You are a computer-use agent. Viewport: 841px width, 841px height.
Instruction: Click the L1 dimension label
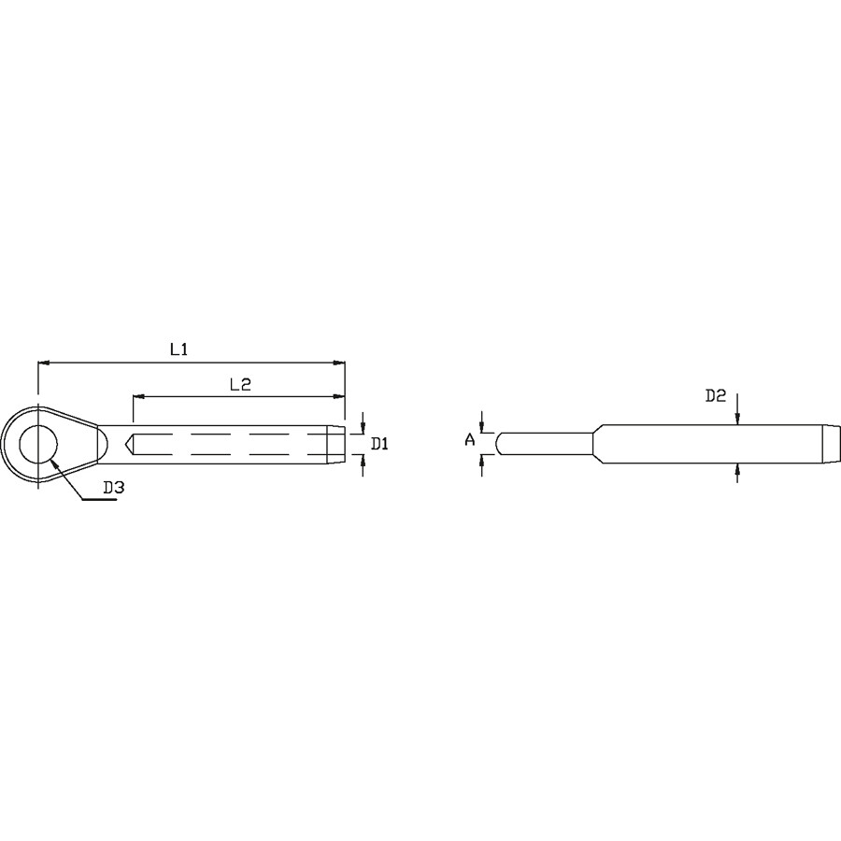(178, 349)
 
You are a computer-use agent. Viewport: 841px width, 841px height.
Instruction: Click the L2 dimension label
(240, 384)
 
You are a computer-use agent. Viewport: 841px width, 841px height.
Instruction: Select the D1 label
(379, 444)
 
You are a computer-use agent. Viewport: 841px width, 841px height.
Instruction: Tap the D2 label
(716, 396)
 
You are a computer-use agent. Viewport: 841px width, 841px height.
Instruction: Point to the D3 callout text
(114, 488)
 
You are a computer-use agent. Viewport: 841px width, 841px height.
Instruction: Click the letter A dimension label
(470, 440)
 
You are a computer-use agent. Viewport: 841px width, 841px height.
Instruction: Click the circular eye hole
(38, 445)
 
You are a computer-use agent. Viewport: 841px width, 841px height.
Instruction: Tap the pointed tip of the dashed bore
(126, 444)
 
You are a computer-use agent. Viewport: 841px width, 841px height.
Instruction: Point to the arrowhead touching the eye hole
(52, 463)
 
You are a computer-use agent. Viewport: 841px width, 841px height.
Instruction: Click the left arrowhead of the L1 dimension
(44, 363)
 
